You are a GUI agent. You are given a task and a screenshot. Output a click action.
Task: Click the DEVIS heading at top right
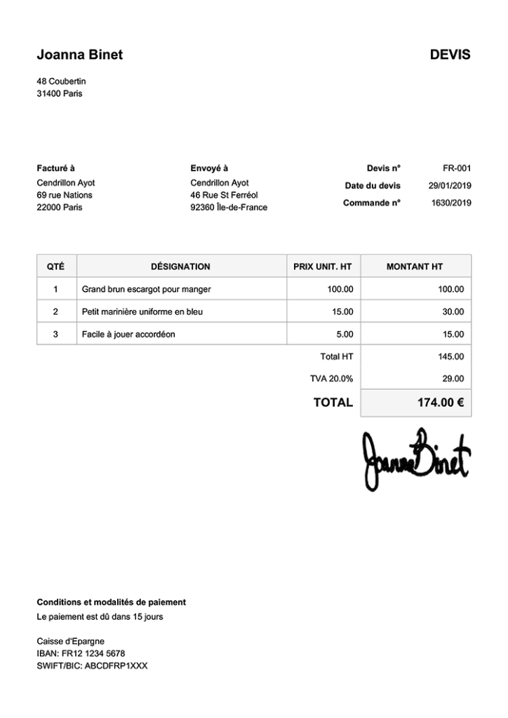coord(450,55)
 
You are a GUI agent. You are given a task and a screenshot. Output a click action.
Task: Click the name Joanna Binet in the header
coord(79,55)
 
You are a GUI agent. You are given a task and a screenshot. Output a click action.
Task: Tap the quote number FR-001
coord(457,168)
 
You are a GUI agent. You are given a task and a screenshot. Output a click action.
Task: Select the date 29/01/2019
coord(450,186)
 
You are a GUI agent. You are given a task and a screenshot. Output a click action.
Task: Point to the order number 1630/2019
coord(451,203)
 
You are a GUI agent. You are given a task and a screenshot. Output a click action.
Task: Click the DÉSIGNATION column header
coord(180,266)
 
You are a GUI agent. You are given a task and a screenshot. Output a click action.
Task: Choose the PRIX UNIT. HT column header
coord(322,266)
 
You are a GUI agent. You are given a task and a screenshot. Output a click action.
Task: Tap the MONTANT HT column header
coord(415,266)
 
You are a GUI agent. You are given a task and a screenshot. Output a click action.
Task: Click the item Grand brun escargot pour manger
coord(146,289)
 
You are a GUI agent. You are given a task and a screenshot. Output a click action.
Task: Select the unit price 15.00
coord(342,312)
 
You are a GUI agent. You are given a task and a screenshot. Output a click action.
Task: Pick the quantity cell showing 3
coord(55,334)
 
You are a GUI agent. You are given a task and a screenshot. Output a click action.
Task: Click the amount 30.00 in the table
coord(453,312)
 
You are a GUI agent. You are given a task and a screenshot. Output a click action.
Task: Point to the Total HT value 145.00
coord(450,357)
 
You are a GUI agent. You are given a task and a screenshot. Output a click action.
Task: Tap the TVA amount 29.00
coord(453,379)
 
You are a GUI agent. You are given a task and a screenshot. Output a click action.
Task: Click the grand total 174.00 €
coord(440,402)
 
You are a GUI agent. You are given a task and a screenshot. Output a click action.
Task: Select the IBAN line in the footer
coord(81,653)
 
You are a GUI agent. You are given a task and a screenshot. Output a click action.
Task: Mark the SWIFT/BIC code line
coord(92,666)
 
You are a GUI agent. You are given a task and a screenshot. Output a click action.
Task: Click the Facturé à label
coord(55,168)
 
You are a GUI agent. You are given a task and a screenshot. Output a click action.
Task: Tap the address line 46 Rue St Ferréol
coord(224,195)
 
